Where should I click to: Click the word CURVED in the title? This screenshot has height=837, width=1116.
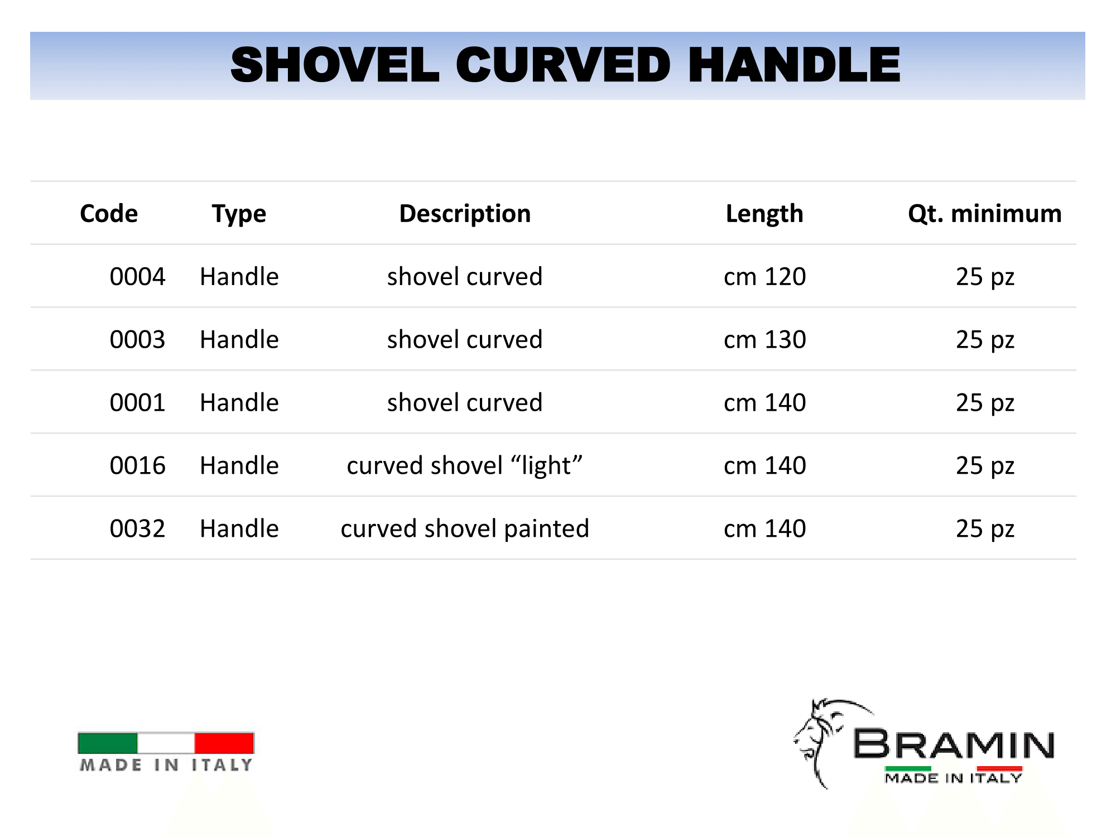click(563, 65)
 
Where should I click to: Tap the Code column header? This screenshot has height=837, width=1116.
click(109, 214)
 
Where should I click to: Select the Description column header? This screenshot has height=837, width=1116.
click(465, 214)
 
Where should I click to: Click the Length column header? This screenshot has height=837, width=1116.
click(764, 214)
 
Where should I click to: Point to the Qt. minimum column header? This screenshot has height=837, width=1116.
click(985, 214)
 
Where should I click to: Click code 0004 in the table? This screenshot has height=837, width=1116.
click(137, 277)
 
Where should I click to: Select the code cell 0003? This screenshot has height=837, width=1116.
click(137, 340)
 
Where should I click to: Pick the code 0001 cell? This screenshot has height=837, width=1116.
click(137, 403)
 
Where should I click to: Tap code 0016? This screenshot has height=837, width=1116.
click(137, 466)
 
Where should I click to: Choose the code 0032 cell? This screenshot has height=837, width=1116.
click(137, 529)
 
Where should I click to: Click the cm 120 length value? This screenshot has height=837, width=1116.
click(764, 277)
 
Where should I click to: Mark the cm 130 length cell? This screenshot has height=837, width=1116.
click(764, 340)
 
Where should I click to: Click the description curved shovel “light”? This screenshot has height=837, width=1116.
click(465, 466)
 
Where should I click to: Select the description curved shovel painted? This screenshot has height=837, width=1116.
click(465, 529)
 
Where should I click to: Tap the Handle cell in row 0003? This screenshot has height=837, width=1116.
click(239, 340)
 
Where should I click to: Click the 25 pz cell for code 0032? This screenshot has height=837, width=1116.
click(985, 529)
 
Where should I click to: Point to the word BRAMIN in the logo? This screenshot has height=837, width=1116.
click(954, 744)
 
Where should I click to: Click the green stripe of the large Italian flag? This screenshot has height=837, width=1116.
click(108, 743)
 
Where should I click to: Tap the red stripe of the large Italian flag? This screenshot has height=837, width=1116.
click(224, 743)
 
